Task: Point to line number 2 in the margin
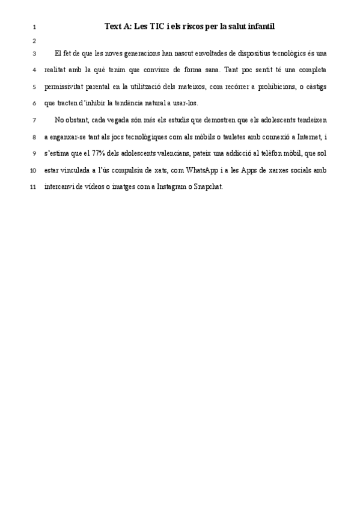click(34, 41)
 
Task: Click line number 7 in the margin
click(34, 120)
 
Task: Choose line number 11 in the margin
click(33, 186)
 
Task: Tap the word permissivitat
click(63, 86)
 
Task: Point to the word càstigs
click(316, 86)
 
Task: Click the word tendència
click(147, 103)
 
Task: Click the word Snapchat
click(207, 186)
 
